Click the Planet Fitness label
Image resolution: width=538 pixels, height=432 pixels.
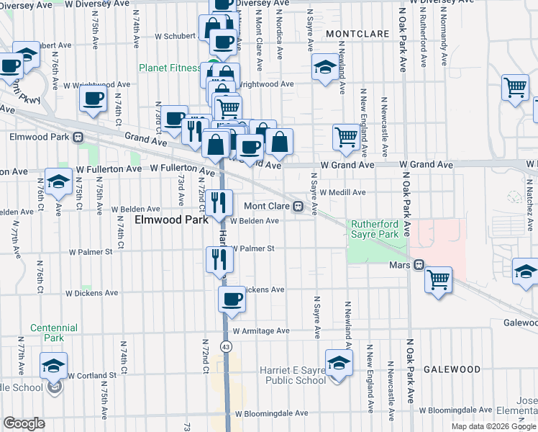[170, 68]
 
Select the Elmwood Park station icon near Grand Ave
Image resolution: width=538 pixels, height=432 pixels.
[77, 136]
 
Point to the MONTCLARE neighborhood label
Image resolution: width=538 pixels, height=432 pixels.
[352, 34]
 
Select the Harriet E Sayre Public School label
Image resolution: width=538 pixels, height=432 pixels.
[292, 375]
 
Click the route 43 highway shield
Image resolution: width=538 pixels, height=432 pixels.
[227, 347]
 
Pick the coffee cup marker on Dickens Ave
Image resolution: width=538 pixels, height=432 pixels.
[232, 299]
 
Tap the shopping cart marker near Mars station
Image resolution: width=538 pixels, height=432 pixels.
[438, 280]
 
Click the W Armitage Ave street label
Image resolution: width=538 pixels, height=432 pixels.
[260, 331]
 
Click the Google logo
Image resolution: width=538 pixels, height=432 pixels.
[24, 423]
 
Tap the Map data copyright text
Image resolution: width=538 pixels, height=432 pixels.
[493, 426]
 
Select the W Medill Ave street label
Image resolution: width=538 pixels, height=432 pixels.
[343, 192]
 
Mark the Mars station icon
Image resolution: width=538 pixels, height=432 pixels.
[419, 265]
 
